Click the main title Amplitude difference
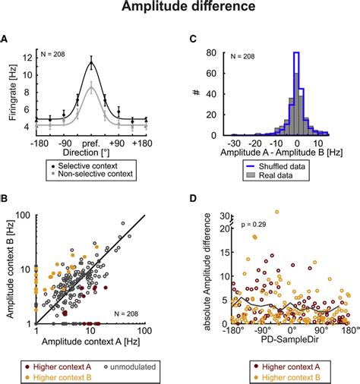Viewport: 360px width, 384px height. pos(180,9)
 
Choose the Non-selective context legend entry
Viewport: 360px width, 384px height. pos(88,174)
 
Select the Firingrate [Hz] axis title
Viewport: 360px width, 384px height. pos(12,92)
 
